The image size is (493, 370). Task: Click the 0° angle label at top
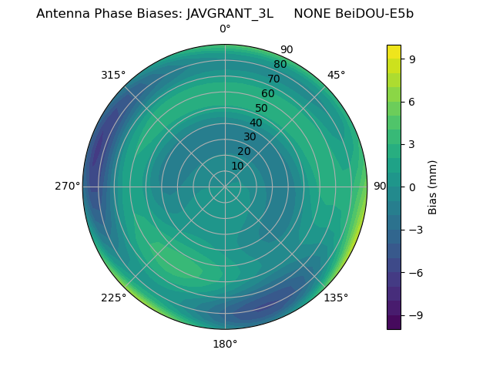(x=225, y=29)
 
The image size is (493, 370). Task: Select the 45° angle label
(x=336, y=75)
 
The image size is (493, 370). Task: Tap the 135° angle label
(x=336, y=298)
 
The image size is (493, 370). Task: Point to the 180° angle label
(x=225, y=344)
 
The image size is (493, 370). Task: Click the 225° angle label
(x=113, y=298)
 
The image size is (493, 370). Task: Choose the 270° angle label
(x=67, y=187)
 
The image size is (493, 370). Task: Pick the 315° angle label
(x=113, y=75)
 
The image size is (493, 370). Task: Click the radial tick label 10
(x=237, y=166)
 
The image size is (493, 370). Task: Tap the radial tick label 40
(x=256, y=123)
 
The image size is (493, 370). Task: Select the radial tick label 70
(x=273, y=79)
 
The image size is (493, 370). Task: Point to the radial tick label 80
(x=280, y=65)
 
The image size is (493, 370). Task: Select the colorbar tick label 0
(x=412, y=187)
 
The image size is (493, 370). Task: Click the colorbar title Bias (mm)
(x=433, y=187)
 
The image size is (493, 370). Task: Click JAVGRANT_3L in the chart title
(x=230, y=14)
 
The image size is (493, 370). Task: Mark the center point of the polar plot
(x=225, y=187)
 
